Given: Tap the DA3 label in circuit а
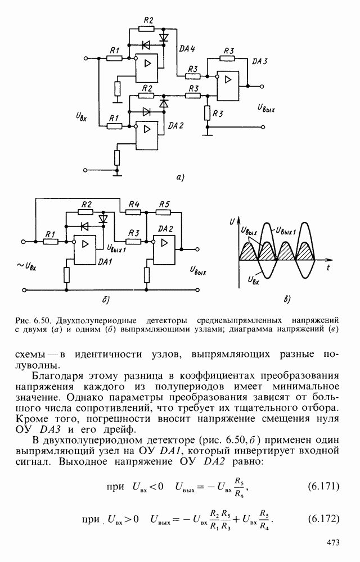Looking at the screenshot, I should tap(259, 61).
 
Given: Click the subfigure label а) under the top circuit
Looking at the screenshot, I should tap(179, 178).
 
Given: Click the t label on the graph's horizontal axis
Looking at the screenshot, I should tap(327, 268).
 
